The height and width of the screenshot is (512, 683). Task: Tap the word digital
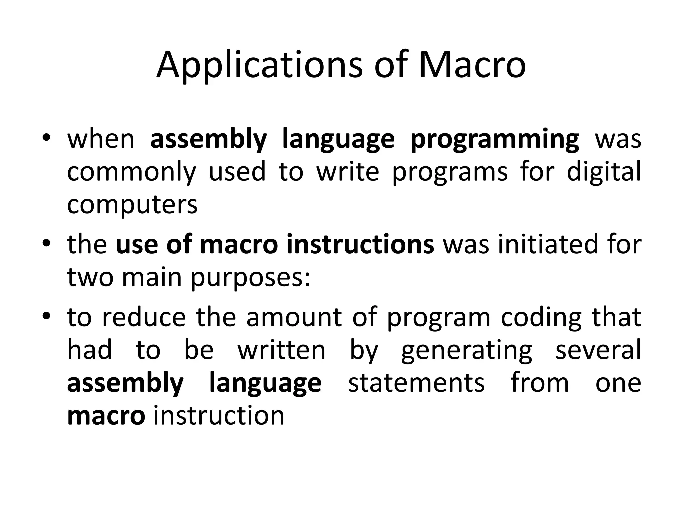tap(604, 172)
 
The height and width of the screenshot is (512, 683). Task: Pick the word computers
tap(132, 205)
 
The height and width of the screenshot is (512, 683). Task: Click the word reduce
tap(144, 317)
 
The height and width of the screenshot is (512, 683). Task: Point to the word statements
tap(416, 383)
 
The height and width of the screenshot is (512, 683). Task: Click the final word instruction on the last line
tap(219, 416)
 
